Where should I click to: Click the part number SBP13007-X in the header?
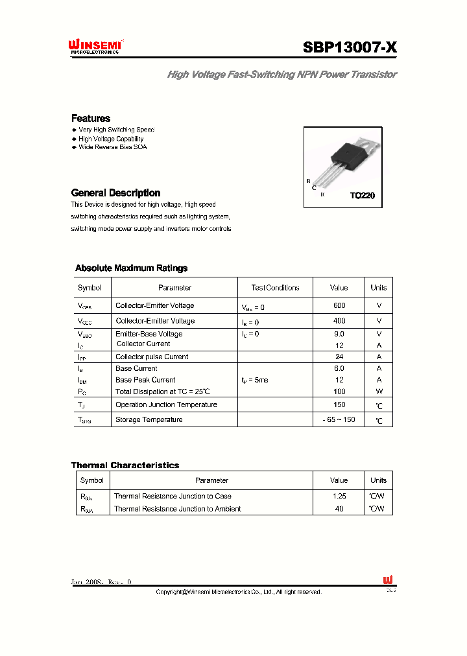point(350,47)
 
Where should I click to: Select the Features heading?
point(90,118)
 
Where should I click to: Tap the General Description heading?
point(115,193)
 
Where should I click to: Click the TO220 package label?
point(362,196)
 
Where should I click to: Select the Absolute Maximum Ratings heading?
point(131,268)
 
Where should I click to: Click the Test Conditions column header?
point(275,288)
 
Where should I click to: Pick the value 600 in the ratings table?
point(339,305)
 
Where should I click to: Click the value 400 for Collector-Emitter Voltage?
point(339,321)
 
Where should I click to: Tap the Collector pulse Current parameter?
point(152,357)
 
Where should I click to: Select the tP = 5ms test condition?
point(254,380)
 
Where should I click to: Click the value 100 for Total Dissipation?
point(339,392)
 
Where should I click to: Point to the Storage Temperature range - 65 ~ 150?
point(339,420)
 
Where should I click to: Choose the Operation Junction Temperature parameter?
point(166,404)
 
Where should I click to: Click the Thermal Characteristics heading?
point(125,465)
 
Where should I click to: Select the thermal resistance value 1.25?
point(339,496)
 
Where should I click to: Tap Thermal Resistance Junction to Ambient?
point(177,509)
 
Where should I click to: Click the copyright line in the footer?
point(239,592)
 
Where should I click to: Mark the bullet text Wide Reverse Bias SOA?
point(113,147)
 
